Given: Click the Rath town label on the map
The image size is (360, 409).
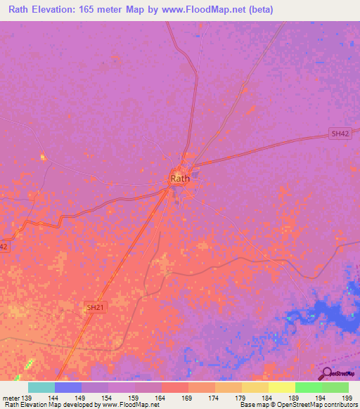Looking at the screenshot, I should coord(180,178).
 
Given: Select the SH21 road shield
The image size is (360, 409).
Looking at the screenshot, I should coord(94,307).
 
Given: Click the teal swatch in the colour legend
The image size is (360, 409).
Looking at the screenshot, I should coord(41,387).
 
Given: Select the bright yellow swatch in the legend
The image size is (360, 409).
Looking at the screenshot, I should coord(282,387).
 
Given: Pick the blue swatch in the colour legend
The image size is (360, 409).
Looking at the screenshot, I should coord(68,387).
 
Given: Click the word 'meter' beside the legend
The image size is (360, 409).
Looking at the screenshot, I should coord(10,397).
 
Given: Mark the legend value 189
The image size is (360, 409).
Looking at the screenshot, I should coord(296,397).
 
